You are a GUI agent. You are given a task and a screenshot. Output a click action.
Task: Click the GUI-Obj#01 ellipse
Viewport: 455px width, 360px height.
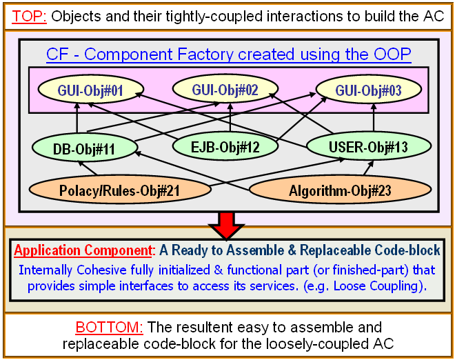[91, 90]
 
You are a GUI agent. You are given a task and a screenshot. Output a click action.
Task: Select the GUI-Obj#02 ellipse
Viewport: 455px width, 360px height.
[225, 89]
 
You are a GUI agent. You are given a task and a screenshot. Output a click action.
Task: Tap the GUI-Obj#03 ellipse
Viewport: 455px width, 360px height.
[369, 90]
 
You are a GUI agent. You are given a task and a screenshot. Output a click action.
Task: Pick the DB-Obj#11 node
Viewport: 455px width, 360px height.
[84, 148]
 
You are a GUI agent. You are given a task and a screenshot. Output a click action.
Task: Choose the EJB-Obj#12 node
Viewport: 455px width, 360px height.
[225, 146]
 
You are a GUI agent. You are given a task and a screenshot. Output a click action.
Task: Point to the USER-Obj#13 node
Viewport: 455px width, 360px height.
[369, 146]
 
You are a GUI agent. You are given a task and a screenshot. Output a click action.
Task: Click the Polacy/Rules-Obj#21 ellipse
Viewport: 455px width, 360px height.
[120, 190]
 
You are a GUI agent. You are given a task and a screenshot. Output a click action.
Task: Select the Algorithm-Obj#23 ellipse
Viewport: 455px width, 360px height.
[340, 190]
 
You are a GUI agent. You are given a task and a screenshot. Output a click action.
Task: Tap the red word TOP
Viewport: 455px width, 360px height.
[29, 16]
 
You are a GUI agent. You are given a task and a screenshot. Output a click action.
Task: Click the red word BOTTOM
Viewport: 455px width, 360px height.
[110, 327]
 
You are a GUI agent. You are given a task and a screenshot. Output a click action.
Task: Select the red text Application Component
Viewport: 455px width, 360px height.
[83, 250]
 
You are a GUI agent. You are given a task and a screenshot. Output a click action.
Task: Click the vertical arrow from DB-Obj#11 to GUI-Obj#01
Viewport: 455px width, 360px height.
[77, 118]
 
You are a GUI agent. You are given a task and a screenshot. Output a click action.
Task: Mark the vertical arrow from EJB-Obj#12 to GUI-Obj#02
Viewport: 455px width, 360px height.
[230, 117]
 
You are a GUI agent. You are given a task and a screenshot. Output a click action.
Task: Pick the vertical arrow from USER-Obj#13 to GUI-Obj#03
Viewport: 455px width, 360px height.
[374, 117]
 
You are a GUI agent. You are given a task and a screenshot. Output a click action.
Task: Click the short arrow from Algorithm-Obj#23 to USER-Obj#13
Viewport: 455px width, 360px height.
[369, 168]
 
